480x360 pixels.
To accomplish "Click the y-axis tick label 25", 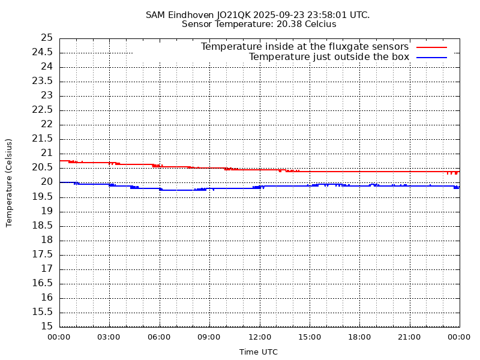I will click(x=47, y=38).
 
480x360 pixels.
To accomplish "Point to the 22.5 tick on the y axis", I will click(x=43, y=110).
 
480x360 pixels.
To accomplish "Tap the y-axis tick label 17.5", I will click(x=43, y=254).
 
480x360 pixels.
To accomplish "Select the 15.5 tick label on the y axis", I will click(x=43, y=312).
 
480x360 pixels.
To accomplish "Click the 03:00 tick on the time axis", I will click(x=109, y=337).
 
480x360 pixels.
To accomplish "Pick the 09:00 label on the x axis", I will click(x=209, y=337).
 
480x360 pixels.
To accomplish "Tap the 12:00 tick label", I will click(x=259, y=337).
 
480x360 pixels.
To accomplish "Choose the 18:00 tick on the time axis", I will click(x=359, y=337).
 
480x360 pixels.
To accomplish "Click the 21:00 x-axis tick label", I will click(x=409, y=337).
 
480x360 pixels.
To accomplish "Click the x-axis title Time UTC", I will click(x=259, y=352).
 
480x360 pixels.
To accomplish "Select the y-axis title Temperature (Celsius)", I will click(x=9, y=182).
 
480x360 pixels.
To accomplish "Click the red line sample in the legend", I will click(x=432, y=47).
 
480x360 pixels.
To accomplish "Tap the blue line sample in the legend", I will click(x=432, y=57).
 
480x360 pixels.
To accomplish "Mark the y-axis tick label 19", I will click(x=47, y=211).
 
